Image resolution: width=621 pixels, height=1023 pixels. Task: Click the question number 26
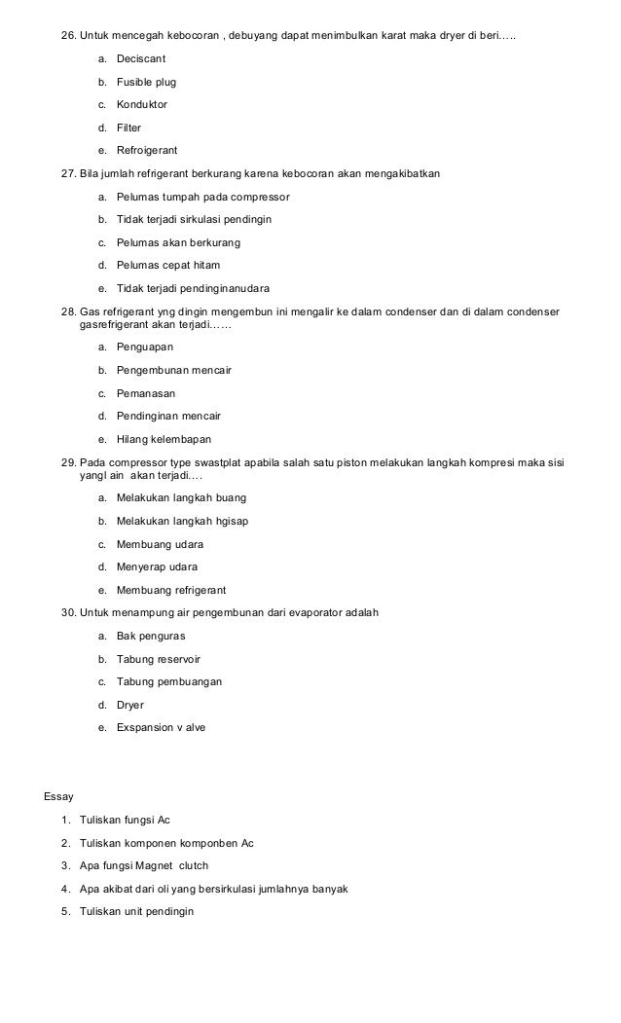click(68, 37)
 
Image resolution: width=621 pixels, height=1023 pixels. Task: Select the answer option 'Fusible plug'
click(146, 83)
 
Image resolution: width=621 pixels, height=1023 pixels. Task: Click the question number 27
click(68, 173)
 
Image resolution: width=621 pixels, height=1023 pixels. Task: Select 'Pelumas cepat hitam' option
click(168, 265)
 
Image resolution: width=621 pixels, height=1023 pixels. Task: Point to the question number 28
click(68, 311)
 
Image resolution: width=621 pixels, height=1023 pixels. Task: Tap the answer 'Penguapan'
click(144, 347)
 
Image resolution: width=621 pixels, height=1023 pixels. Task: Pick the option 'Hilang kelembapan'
click(164, 439)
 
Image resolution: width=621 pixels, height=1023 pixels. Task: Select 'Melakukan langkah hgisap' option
click(182, 521)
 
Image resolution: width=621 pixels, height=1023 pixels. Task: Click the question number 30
click(68, 612)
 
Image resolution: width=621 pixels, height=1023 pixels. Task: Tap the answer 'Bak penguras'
click(151, 636)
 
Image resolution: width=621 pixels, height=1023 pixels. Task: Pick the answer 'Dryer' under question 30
click(131, 704)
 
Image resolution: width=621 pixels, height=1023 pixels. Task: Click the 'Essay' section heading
click(58, 797)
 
